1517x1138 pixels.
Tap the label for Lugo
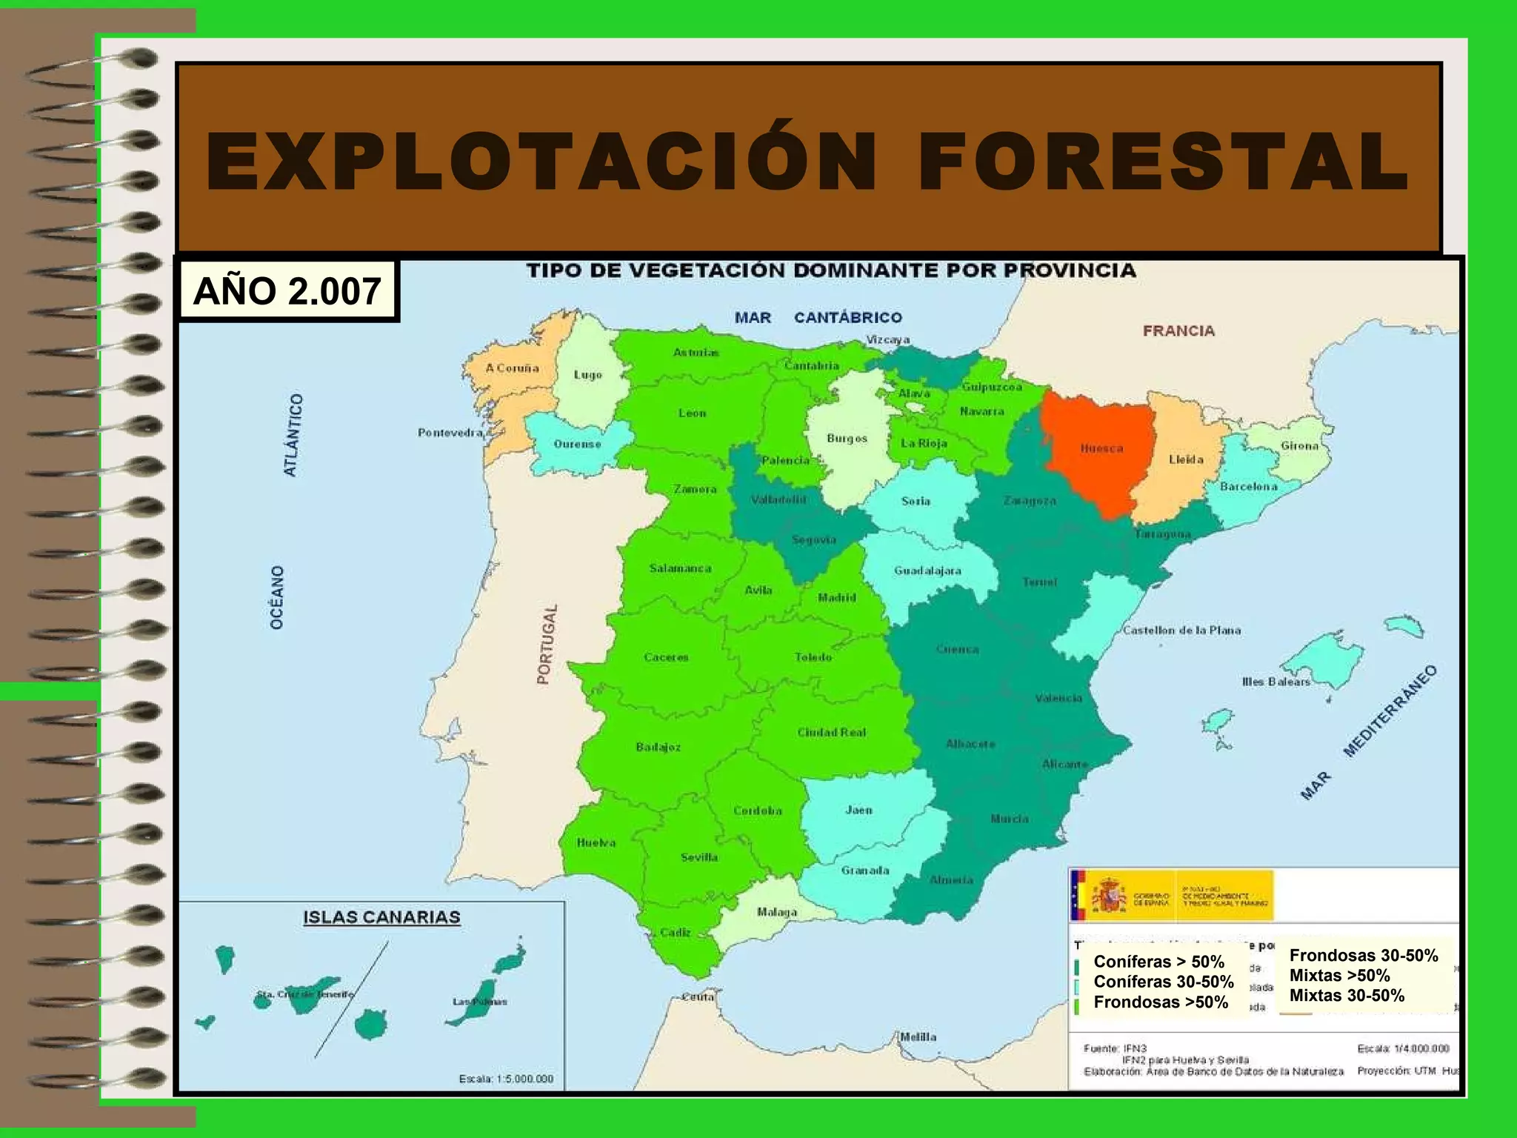pos(588,375)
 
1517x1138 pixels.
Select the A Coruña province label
pos(512,367)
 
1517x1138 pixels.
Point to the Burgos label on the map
pos(847,439)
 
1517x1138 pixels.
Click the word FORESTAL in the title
pos(1163,162)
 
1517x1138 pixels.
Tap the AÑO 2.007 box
pos(287,290)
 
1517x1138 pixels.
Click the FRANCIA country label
pos(1178,330)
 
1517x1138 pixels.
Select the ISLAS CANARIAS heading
pos(381,917)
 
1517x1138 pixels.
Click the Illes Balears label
pos(1276,682)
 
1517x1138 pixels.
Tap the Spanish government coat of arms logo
pos(1109,895)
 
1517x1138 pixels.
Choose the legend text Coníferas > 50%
pos(1158,962)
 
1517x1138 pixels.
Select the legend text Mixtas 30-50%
pos(1347,996)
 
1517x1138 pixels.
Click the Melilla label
pos(918,1037)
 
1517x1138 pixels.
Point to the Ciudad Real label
pos(831,732)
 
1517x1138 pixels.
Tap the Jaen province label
pos(858,810)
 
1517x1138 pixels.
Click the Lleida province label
pos(1186,459)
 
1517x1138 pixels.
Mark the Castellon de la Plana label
pos(1181,630)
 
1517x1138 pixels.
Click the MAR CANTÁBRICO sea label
pos(818,317)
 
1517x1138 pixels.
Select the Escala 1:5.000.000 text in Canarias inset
pos(506,1079)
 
